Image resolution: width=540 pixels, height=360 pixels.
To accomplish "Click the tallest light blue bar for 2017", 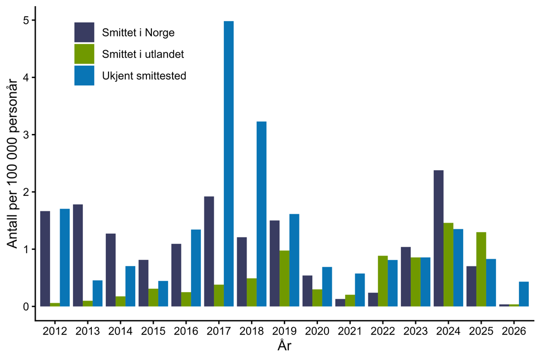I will click(228, 164).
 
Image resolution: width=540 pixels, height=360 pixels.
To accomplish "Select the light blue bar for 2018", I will click(261, 214).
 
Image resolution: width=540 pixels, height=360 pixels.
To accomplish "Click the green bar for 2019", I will click(284, 278).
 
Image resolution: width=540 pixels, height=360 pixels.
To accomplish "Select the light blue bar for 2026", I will click(524, 294).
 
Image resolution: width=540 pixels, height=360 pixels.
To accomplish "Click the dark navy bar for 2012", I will click(45, 259).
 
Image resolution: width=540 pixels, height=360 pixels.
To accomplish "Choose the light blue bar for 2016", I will click(196, 268).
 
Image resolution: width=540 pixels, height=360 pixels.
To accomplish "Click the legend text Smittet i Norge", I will click(138, 33).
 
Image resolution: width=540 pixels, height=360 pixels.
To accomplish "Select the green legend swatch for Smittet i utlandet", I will click(84, 54).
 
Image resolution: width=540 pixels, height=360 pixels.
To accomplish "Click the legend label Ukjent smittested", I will click(144, 76).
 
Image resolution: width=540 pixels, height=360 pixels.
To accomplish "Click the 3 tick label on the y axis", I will click(26, 135).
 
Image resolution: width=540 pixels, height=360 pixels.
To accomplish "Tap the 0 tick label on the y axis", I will click(26, 307).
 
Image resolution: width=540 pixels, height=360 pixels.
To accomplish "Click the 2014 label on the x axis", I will click(120, 331).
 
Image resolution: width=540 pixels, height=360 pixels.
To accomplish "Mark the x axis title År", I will click(284, 346).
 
